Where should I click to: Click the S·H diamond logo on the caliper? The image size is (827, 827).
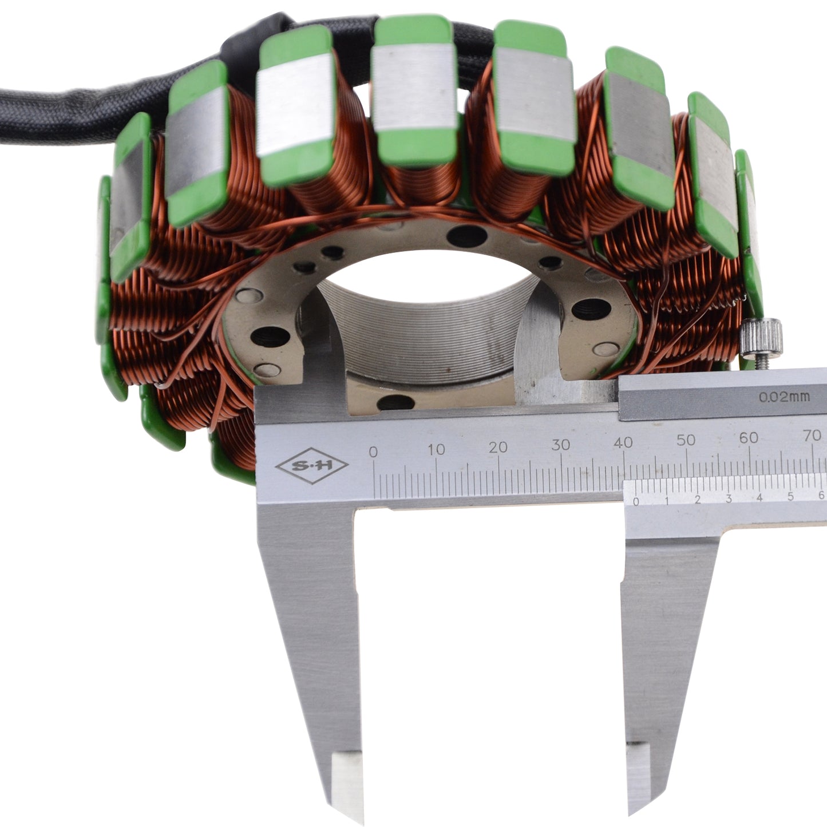pyautogui.click(x=311, y=466)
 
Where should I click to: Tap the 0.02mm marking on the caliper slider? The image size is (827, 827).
pyautogui.click(x=784, y=397)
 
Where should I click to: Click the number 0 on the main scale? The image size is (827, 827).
pyautogui.click(x=373, y=452)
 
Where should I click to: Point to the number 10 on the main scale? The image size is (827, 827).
pyautogui.click(x=436, y=449)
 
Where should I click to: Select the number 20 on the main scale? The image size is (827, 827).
pyautogui.click(x=498, y=447)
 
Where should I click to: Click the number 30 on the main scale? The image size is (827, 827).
pyautogui.click(x=560, y=445)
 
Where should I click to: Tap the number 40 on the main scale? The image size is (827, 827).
pyautogui.click(x=623, y=442)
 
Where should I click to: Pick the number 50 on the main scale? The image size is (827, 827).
pyautogui.click(x=686, y=440)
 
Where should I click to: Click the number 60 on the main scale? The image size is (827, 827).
pyautogui.click(x=749, y=438)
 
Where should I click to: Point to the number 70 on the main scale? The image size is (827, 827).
pyautogui.click(x=812, y=436)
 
